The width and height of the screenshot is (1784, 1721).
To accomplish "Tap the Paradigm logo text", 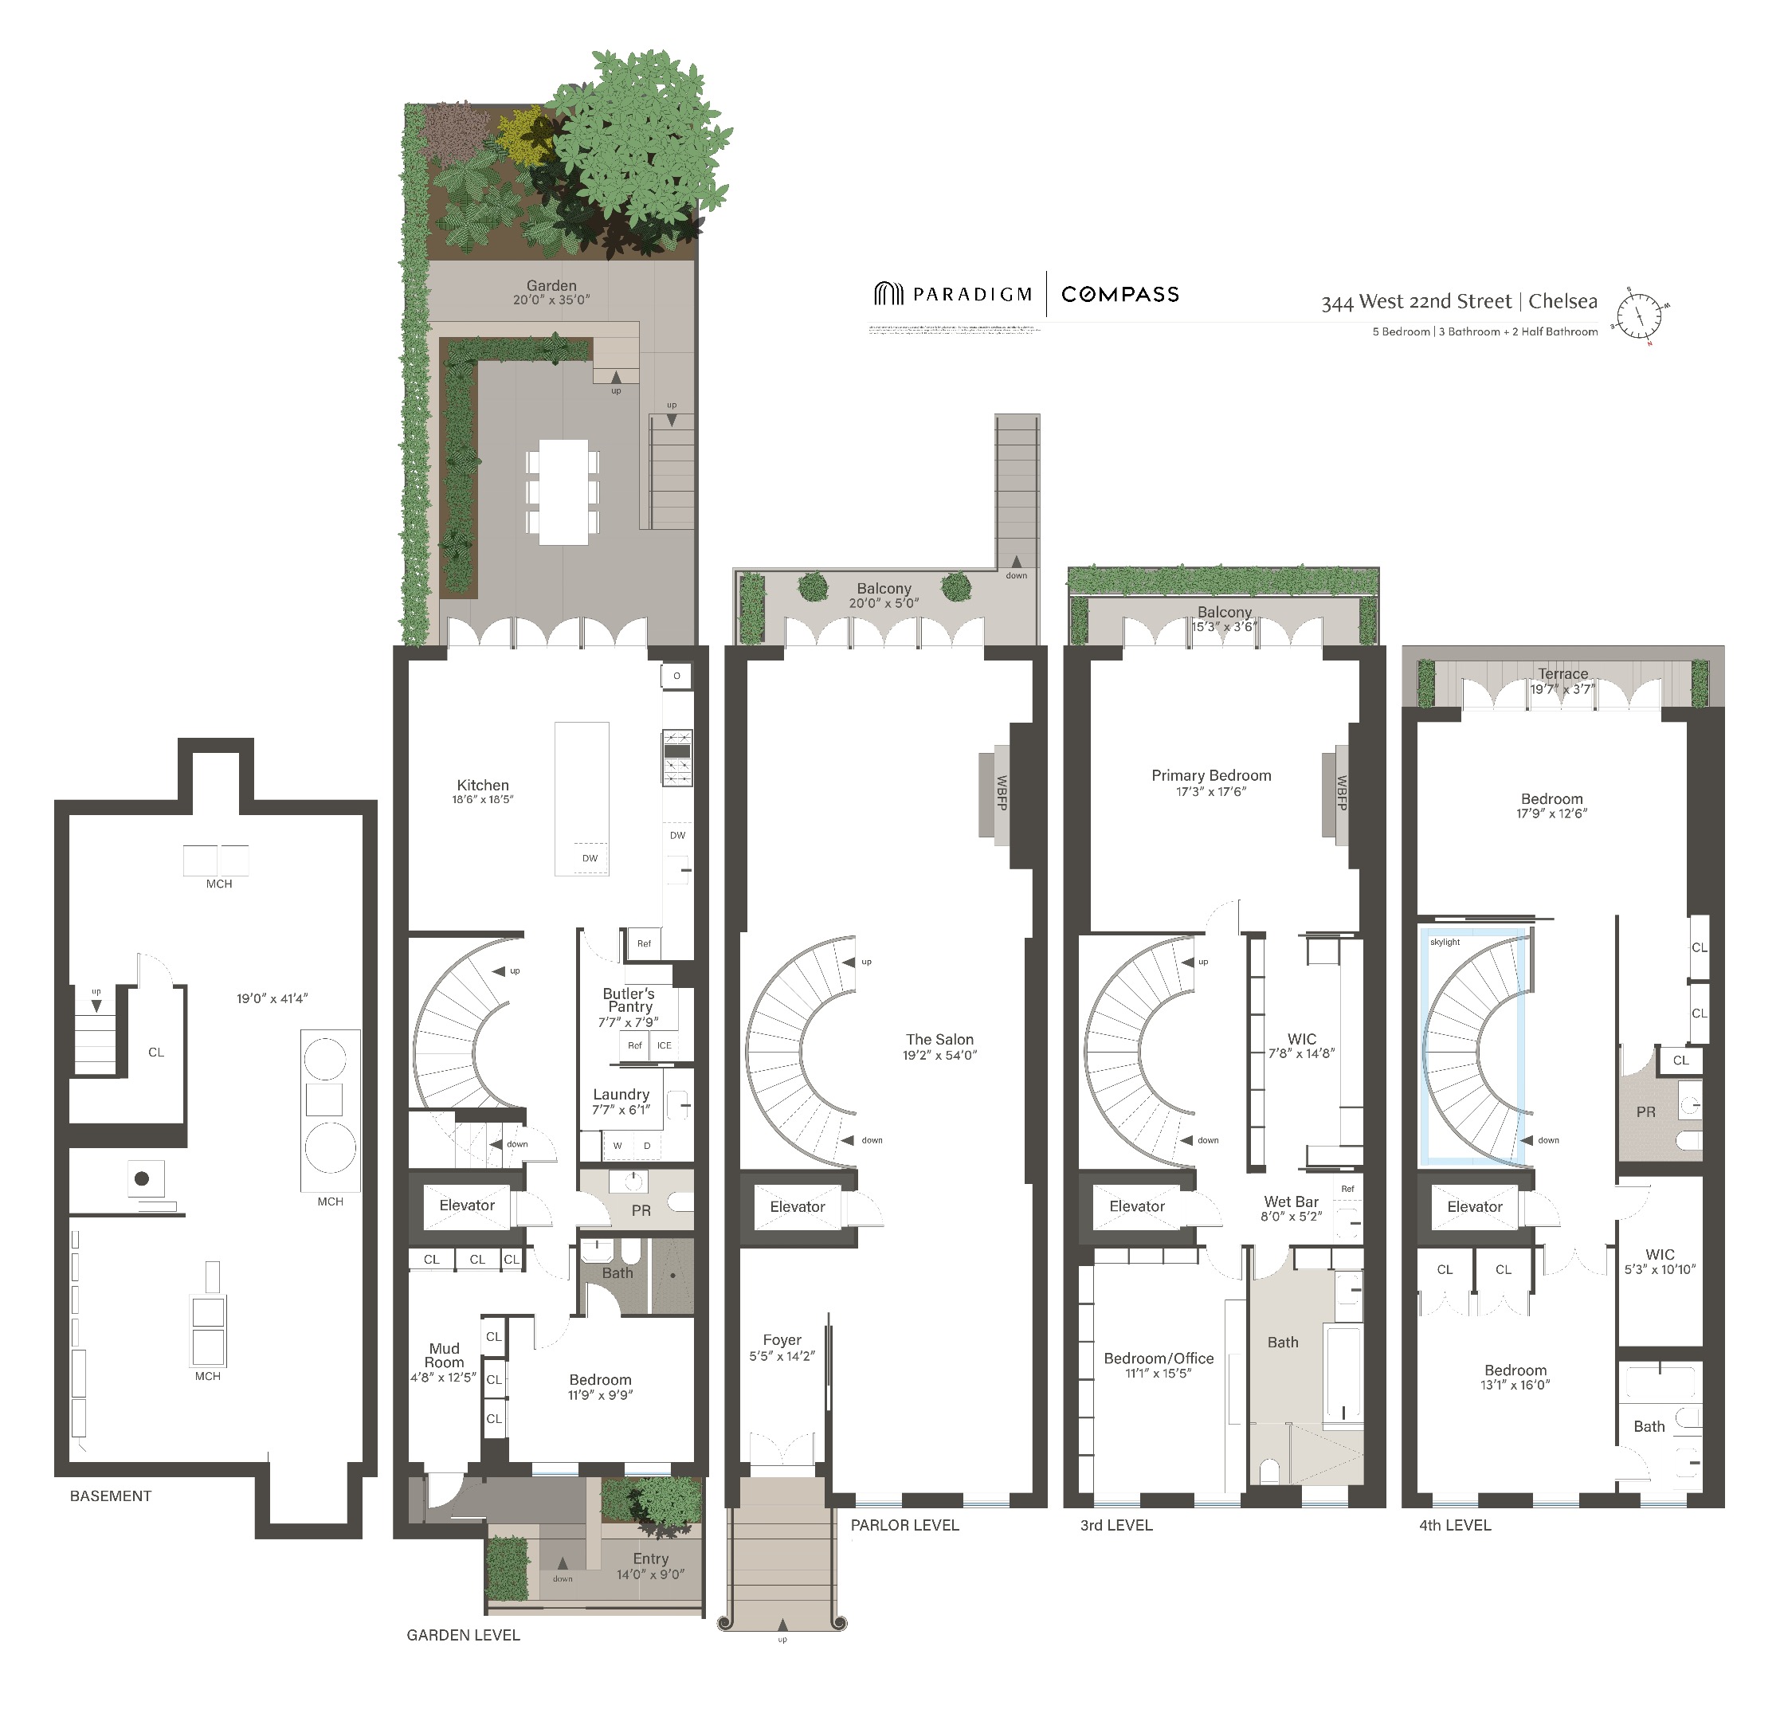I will pyautogui.click(x=972, y=294).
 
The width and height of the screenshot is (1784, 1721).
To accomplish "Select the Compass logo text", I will pyautogui.click(x=1119, y=294).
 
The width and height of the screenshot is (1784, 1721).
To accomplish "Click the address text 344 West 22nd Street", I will pyautogui.click(x=1415, y=302).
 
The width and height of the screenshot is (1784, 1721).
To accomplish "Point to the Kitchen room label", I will pyautogui.click(x=482, y=786).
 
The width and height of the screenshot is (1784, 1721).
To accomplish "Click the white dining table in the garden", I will pyautogui.click(x=563, y=492).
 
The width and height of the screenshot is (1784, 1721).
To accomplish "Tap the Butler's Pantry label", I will pyautogui.click(x=629, y=1000).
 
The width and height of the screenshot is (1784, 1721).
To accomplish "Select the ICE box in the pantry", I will pyautogui.click(x=665, y=1045).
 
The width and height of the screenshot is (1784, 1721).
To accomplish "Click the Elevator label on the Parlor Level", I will pyautogui.click(x=798, y=1207).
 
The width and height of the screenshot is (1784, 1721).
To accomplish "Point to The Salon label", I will pyautogui.click(x=939, y=1039).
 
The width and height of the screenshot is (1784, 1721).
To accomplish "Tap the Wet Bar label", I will pyautogui.click(x=1291, y=1202).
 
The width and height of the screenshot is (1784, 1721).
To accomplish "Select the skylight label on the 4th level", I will pyautogui.click(x=1445, y=942).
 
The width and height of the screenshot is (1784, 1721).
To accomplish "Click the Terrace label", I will pyautogui.click(x=1562, y=673).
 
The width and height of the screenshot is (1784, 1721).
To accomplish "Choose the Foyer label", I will pyautogui.click(x=782, y=1339).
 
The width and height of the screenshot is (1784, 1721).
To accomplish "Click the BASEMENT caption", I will pyautogui.click(x=111, y=1496).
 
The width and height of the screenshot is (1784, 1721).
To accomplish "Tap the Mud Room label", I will pyautogui.click(x=444, y=1355).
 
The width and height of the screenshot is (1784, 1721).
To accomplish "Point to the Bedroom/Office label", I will pyautogui.click(x=1159, y=1358).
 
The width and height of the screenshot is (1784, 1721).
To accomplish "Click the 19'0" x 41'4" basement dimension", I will pyautogui.click(x=273, y=998).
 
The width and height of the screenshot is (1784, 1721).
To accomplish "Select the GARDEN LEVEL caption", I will pyautogui.click(x=463, y=1634).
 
